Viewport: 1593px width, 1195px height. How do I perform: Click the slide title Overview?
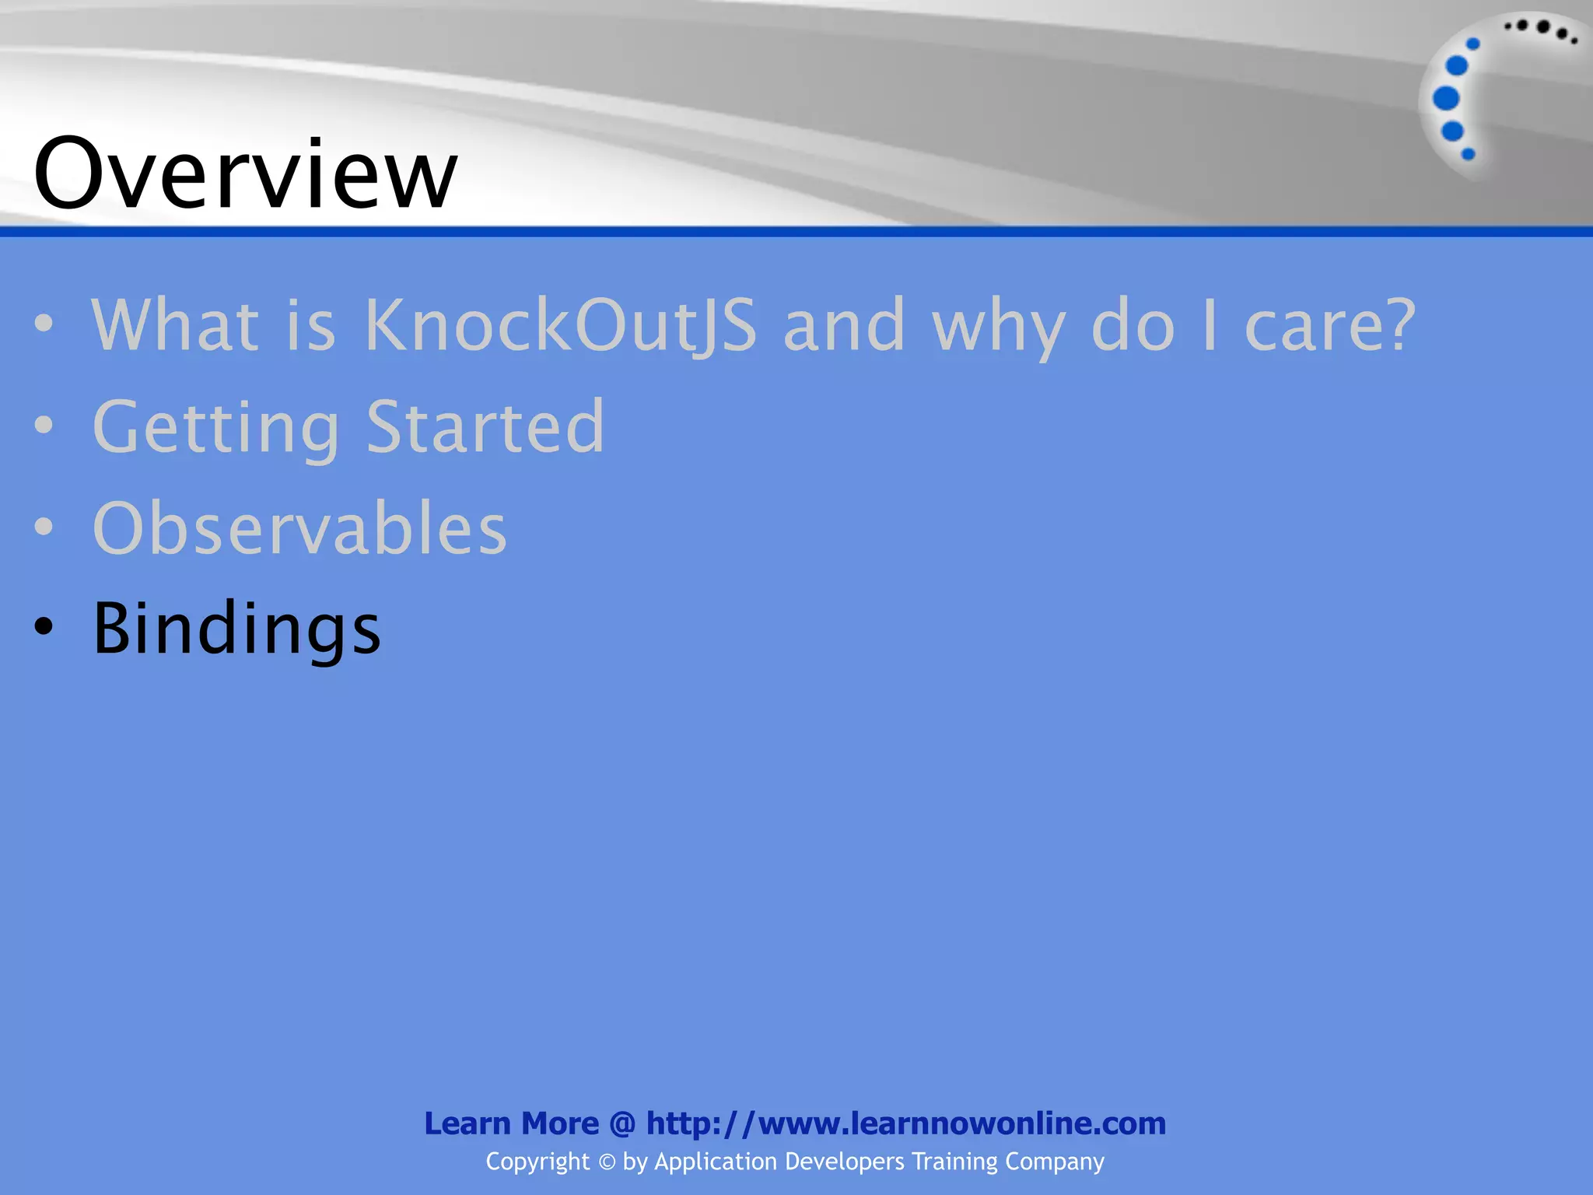click(245, 173)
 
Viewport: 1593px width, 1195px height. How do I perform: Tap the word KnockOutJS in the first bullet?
click(560, 325)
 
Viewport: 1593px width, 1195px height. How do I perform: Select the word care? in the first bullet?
click(1330, 325)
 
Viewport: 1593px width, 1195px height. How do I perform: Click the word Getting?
click(216, 427)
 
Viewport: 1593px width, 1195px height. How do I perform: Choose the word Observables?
click(299, 528)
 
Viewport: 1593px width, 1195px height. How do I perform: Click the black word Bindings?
click(236, 629)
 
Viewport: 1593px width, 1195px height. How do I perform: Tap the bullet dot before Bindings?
click(44, 627)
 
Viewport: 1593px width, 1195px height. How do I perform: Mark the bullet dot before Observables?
click(44, 526)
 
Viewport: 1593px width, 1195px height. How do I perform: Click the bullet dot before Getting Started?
click(44, 425)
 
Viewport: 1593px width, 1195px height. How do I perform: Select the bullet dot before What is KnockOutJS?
click(44, 323)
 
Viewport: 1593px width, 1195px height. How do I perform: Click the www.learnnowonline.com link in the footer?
click(906, 1123)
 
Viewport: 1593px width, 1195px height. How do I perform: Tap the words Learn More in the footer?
click(511, 1123)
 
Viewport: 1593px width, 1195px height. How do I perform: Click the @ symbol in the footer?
click(622, 1124)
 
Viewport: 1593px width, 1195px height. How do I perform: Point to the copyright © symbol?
click(607, 1162)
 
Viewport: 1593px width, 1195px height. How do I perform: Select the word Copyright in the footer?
click(537, 1162)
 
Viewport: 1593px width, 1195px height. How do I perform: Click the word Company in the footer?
click(1054, 1162)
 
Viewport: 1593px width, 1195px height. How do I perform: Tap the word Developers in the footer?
click(845, 1162)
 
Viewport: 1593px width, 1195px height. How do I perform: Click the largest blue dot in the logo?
click(1446, 99)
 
